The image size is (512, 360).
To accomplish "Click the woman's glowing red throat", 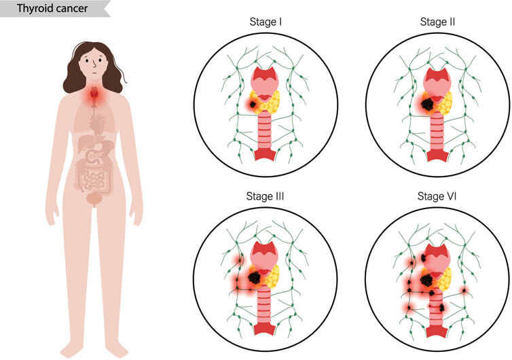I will click(x=96, y=99).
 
